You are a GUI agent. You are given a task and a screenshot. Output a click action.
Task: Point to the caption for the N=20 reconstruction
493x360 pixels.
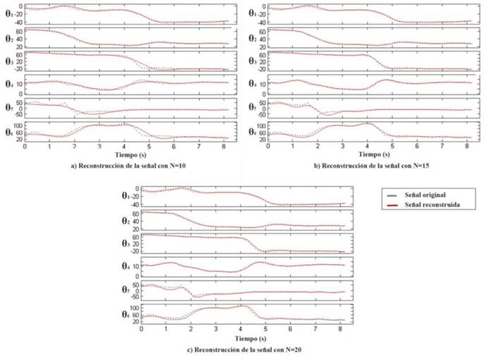[x=242, y=350]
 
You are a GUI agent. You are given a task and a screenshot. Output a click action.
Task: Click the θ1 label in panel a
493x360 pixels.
[x=8, y=13]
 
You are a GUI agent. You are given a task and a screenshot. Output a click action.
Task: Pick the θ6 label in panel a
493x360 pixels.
[x=8, y=131]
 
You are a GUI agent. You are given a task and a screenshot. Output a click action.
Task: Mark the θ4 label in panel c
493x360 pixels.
[x=126, y=266]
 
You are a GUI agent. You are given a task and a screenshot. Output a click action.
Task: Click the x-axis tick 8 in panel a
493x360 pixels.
[x=224, y=147]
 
